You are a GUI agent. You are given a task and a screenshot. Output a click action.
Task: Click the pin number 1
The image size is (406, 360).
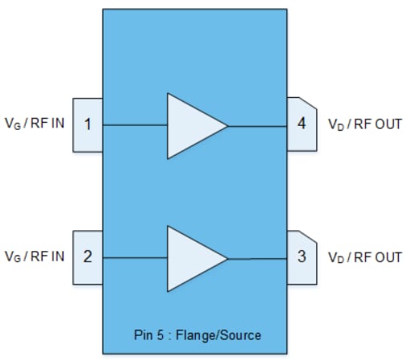[87, 125]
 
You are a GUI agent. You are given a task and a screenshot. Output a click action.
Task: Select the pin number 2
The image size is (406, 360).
[87, 257]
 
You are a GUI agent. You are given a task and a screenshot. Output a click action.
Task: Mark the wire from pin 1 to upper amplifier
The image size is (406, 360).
[135, 126]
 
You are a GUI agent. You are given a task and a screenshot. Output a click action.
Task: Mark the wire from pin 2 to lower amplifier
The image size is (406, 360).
[135, 258]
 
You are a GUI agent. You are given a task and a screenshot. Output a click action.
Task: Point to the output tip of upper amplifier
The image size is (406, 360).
[228, 126]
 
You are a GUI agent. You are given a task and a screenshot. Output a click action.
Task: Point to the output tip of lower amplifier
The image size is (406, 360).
[228, 258]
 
